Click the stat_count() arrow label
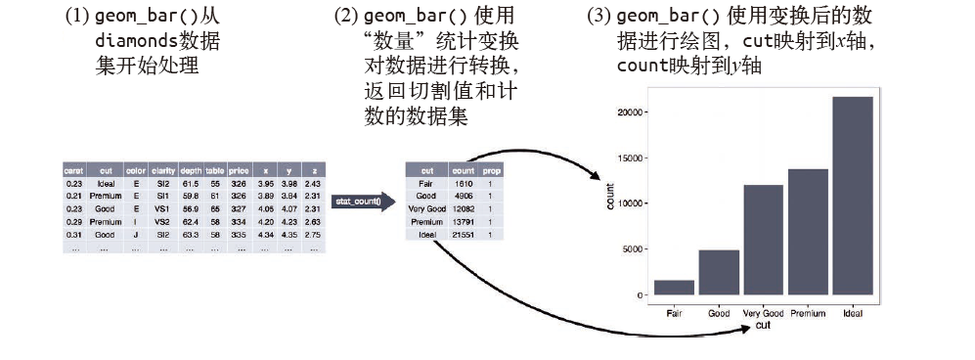tap(361, 202)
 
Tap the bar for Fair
tap(675, 288)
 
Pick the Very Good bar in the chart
tap(764, 240)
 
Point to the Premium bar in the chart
tap(809, 232)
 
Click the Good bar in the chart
tap(719, 272)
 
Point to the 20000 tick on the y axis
tap(628, 112)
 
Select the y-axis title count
tap(609, 197)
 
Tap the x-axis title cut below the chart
tap(763, 326)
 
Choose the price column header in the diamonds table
tap(239, 170)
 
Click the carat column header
tap(73, 170)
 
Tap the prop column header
tap(492, 170)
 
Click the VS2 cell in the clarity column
tap(161, 221)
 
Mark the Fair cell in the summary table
tap(426, 183)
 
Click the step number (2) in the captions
tap(345, 18)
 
